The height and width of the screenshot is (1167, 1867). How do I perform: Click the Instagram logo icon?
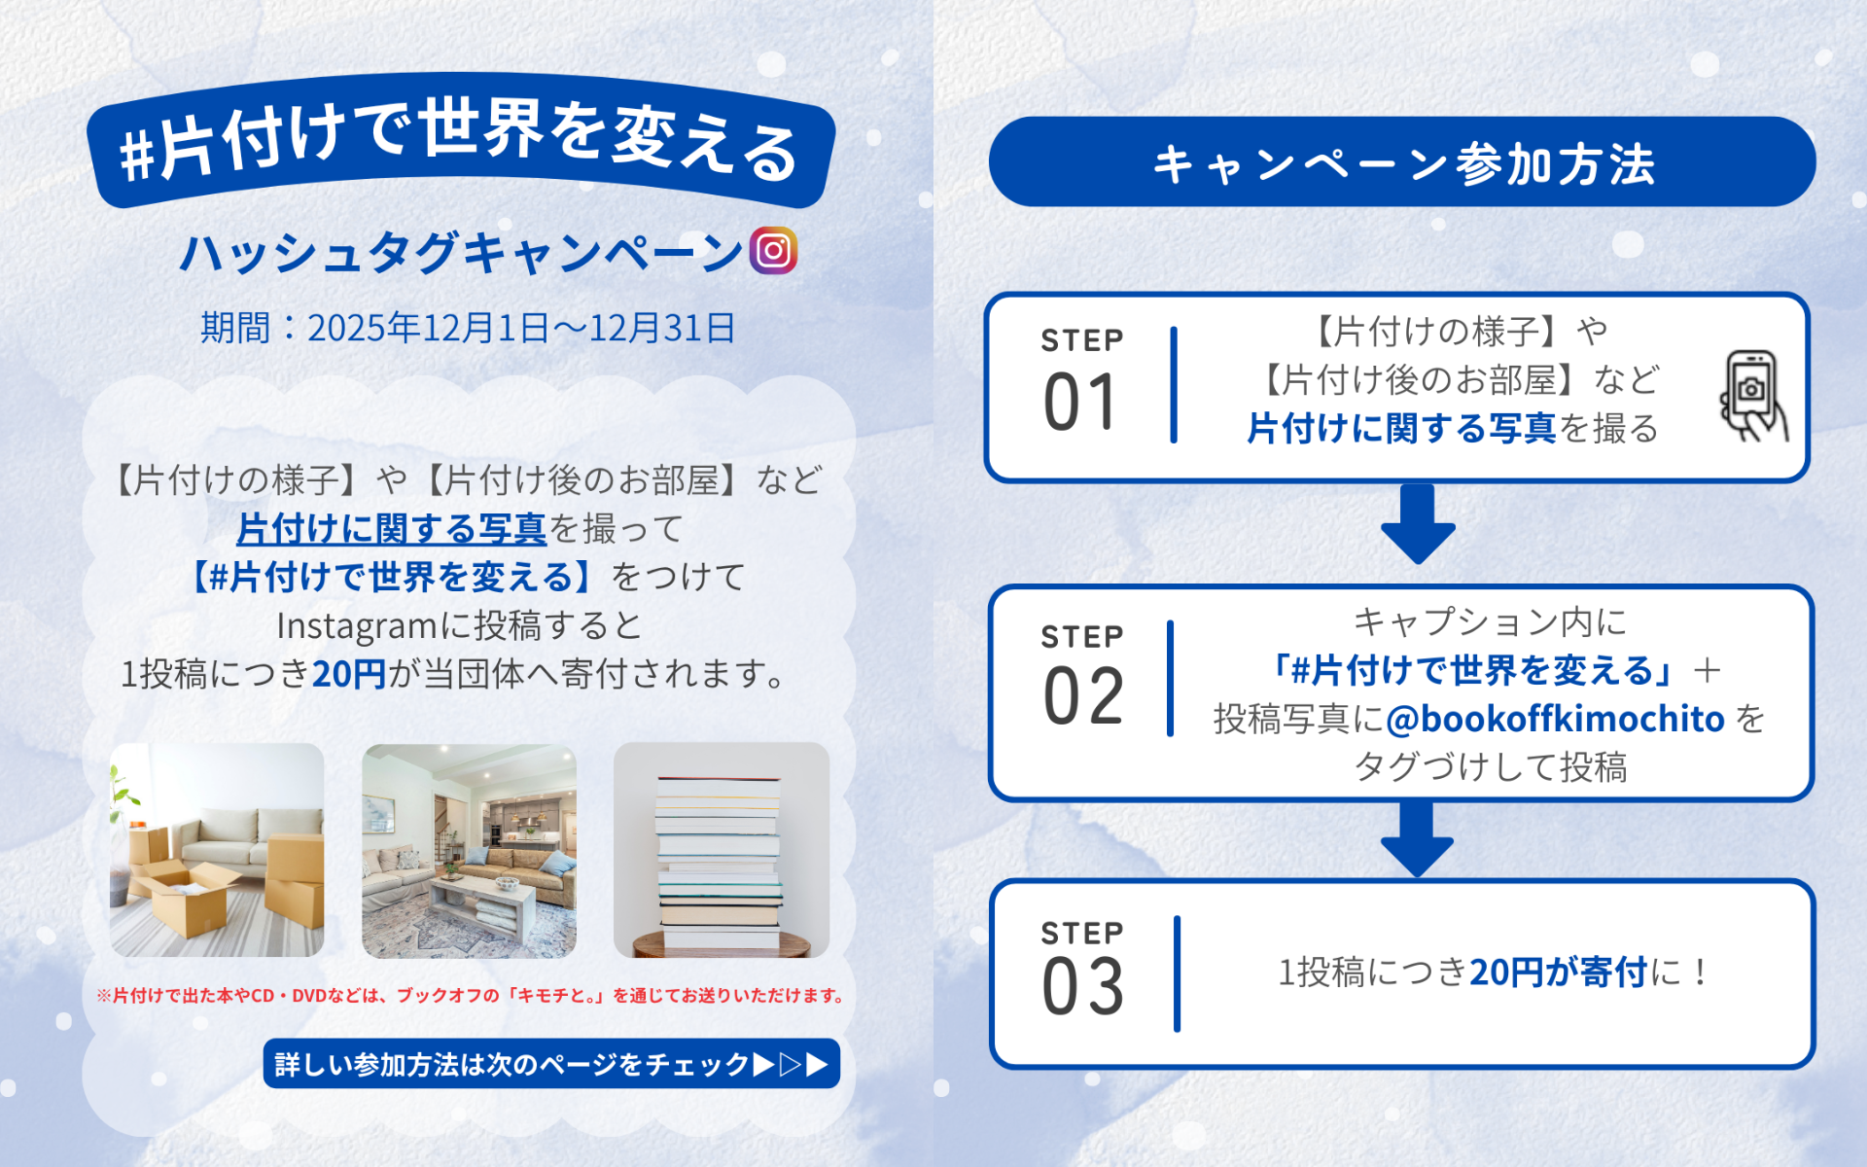[x=773, y=251]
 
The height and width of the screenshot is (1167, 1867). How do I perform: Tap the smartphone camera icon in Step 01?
[x=1753, y=395]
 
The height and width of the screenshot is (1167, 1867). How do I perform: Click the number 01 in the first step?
[x=1080, y=403]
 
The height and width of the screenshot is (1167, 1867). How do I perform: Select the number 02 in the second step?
[x=1083, y=696]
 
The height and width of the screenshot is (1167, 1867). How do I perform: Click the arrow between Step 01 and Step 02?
[x=1418, y=524]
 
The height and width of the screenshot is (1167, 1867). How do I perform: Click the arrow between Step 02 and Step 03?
[x=1418, y=838]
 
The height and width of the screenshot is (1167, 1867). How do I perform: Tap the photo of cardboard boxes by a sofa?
[x=217, y=850]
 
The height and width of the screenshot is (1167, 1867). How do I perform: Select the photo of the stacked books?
[x=721, y=850]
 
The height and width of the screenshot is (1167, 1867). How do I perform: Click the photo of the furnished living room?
[x=469, y=850]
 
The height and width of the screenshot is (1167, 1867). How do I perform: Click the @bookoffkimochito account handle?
[x=1555, y=719]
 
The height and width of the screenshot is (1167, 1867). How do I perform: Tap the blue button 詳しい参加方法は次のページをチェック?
[x=551, y=1064]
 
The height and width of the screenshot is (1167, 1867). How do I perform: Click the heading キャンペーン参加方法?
[x=1402, y=162]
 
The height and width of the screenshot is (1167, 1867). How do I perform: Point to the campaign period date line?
[x=468, y=328]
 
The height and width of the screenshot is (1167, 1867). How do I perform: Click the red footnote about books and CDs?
[x=470, y=995]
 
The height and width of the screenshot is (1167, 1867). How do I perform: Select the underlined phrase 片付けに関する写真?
[x=391, y=529]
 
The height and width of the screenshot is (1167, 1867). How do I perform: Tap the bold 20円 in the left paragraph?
[x=349, y=673]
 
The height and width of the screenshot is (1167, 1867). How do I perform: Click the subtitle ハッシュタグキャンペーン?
[x=462, y=253]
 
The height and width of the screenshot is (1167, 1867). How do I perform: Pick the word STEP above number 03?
[x=1082, y=933]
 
